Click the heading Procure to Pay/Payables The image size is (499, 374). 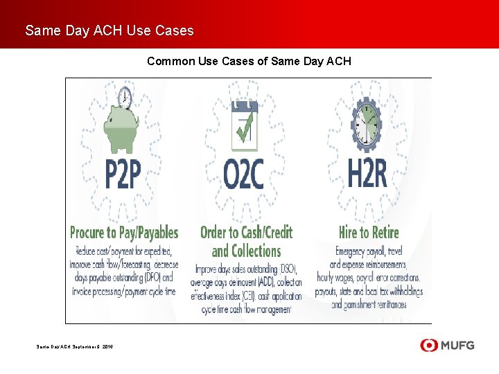tap(124, 232)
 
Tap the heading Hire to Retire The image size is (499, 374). tap(368, 232)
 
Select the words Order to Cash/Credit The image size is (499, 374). tap(246, 232)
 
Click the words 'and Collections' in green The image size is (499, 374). tap(246, 251)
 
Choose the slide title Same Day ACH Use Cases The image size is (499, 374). tap(110, 30)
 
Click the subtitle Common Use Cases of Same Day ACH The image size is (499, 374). tap(249, 62)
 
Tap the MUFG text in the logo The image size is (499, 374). tap(457, 345)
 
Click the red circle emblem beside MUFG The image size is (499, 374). tap(429, 345)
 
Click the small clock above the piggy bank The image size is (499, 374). tap(125, 96)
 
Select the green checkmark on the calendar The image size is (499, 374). tap(244, 130)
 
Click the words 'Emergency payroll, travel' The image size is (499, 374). tap(368, 251)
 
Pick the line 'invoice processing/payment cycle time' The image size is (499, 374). tap(124, 291)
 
